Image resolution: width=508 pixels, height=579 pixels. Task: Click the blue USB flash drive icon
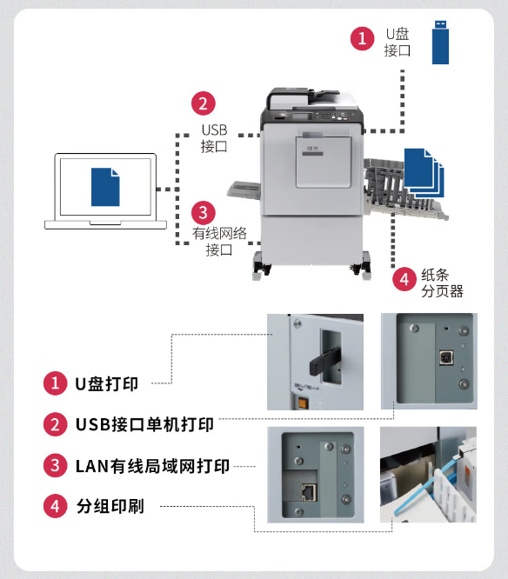[440, 42]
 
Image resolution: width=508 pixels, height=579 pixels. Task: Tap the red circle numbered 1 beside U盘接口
[362, 38]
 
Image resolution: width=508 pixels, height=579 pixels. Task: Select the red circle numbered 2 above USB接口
[204, 103]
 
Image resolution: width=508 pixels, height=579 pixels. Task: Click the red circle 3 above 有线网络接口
[204, 213]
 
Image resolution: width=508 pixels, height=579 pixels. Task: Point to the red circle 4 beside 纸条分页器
[404, 280]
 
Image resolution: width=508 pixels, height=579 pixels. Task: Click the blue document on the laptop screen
[105, 187]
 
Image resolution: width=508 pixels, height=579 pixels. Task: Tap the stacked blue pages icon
[424, 173]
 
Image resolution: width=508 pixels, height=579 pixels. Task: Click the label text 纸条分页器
[442, 283]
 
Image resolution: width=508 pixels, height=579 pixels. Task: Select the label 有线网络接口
[219, 242]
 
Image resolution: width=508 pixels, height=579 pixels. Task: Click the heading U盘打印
[107, 384]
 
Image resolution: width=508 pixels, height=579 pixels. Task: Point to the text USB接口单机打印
[144, 424]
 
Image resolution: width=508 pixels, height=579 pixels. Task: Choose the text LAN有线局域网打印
[152, 466]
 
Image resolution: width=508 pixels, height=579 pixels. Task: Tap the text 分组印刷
[110, 506]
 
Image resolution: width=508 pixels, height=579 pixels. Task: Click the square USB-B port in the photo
[446, 357]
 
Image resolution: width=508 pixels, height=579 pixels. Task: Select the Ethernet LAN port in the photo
[309, 492]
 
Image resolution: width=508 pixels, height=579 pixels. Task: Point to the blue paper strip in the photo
[427, 485]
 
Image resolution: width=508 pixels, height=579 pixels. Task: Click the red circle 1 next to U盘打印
[55, 383]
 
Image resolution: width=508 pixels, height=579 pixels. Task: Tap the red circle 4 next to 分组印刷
[55, 506]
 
